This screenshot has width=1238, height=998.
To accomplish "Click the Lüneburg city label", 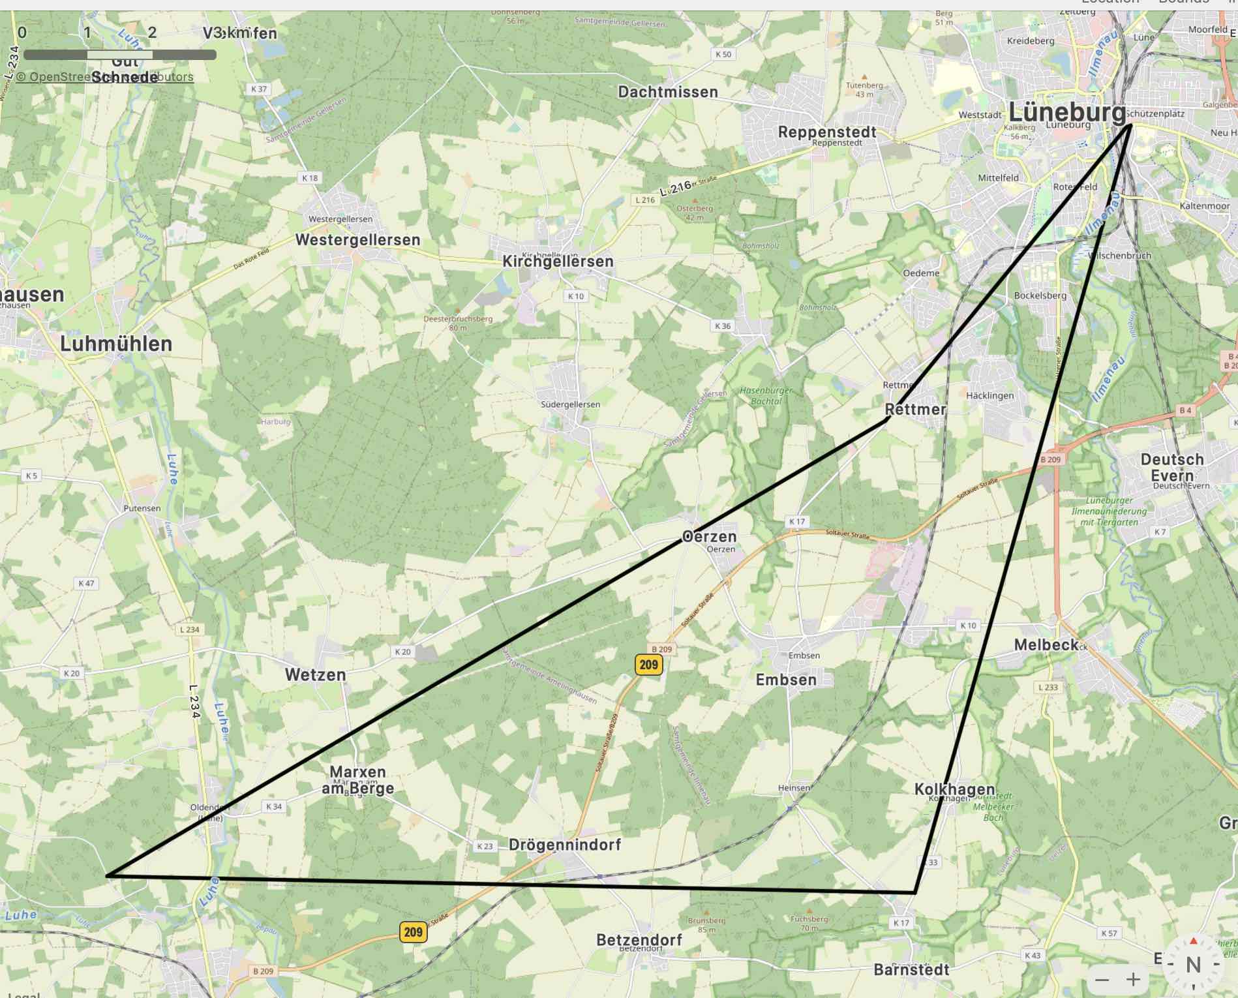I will click(x=1067, y=112).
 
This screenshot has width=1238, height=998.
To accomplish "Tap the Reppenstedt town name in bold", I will click(x=826, y=132).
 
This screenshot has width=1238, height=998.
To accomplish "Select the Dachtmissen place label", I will click(x=667, y=92).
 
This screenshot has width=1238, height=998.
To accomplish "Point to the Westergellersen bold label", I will click(x=357, y=239).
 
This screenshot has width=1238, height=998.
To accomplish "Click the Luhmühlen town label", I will click(x=116, y=344).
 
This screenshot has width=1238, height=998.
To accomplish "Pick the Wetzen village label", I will click(x=315, y=674).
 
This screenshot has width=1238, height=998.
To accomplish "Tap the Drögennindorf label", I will click(x=564, y=845).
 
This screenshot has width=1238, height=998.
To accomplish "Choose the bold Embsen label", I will click(x=785, y=680).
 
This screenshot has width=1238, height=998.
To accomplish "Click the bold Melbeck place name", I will click(x=1046, y=644).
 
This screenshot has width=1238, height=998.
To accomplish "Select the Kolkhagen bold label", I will click(x=954, y=789).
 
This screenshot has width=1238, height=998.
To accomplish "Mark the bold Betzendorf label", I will click(x=639, y=940).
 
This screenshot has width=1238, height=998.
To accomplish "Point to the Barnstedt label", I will click(x=911, y=969).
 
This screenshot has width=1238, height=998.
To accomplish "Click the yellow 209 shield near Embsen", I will click(x=648, y=665).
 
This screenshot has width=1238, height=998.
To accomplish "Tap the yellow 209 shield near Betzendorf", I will click(x=413, y=931).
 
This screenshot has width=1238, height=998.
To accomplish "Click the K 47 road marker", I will click(x=86, y=583).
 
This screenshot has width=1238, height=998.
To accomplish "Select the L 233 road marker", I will click(x=1048, y=687).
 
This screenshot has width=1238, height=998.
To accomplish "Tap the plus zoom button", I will click(x=1133, y=979).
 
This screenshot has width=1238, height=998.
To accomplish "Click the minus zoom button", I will click(x=1102, y=979).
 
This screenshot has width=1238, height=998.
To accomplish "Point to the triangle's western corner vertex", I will click(x=107, y=875).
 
